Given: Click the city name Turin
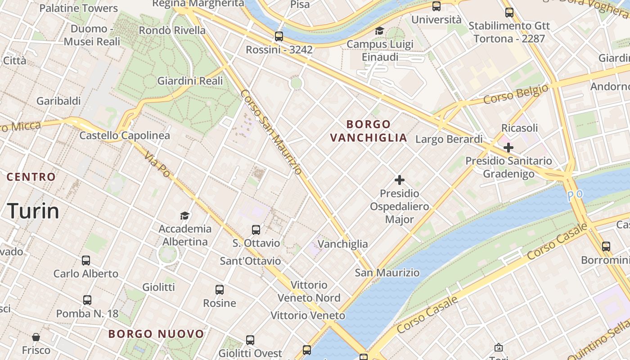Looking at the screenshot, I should pyautogui.click(x=33, y=211).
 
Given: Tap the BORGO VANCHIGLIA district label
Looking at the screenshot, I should pyautogui.click(x=369, y=131).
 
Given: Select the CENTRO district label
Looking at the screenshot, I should pyautogui.click(x=31, y=177).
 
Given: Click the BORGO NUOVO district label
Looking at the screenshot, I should pyautogui.click(x=156, y=334).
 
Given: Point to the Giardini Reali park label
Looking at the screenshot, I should pyautogui.click(x=190, y=81).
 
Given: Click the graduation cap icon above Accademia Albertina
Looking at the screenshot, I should pyautogui.click(x=184, y=216).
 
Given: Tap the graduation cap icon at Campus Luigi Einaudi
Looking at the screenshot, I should pyautogui.click(x=380, y=31).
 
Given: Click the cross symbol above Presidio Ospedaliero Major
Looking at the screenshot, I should pyautogui.click(x=399, y=180).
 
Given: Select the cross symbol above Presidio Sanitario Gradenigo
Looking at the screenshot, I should pyautogui.click(x=508, y=147).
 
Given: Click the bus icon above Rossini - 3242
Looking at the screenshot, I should pyautogui.click(x=279, y=36).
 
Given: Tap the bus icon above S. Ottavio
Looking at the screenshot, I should pyautogui.click(x=256, y=230).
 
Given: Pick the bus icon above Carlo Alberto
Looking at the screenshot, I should pyautogui.click(x=85, y=260).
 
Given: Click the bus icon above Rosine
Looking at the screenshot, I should pyautogui.click(x=219, y=290).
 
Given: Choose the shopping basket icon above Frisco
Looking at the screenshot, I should pyautogui.click(x=36, y=337).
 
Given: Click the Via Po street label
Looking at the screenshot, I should pyautogui.click(x=157, y=164).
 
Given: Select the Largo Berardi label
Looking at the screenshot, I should pyautogui.click(x=449, y=139).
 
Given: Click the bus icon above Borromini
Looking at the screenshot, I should pyautogui.click(x=606, y=247).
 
